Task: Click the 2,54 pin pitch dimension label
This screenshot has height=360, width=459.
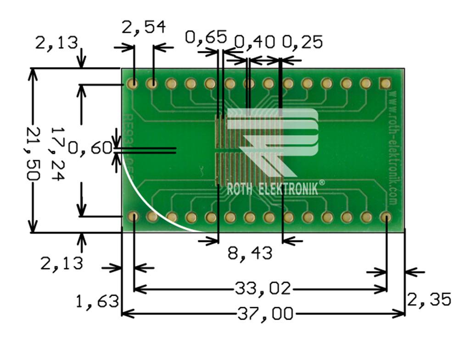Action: [x=144, y=28]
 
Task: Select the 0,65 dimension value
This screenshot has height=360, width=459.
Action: [x=206, y=37]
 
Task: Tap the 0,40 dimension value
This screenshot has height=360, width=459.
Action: [x=254, y=42]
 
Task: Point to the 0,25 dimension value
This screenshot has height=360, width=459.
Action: [x=302, y=42]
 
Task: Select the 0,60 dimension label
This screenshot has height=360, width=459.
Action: [x=90, y=148]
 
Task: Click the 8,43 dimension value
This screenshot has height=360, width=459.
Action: [x=250, y=252]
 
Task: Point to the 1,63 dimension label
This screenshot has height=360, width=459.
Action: [x=97, y=301]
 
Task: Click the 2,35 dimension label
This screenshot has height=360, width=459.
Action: [x=429, y=300]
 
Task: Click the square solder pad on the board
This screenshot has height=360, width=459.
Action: [x=385, y=83]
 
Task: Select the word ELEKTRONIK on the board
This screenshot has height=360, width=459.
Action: [x=289, y=189]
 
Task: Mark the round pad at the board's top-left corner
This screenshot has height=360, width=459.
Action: [x=133, y=84]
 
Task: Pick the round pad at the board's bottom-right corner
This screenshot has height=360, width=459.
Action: [x=386, y=217]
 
